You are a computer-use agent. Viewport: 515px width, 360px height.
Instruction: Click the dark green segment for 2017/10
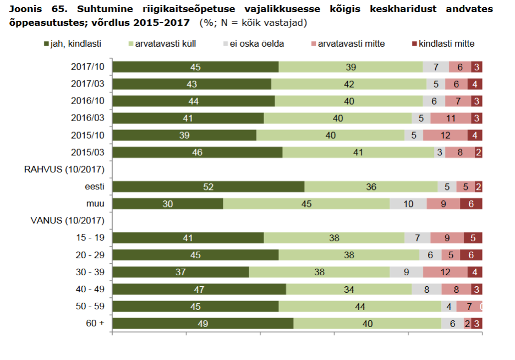[x=195, y=67]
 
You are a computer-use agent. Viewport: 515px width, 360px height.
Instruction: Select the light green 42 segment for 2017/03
[x=349, y=84]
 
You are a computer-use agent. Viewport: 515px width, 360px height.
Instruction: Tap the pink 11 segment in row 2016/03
[x=450, y=118]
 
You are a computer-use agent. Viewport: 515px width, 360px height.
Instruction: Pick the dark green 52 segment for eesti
[x=208, y=187]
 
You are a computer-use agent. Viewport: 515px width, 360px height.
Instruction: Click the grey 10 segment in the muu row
[x=408, y=204]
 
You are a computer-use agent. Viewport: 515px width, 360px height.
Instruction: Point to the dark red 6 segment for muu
[x=471, y=204]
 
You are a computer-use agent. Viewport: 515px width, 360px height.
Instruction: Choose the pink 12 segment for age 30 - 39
[x=445, y=272]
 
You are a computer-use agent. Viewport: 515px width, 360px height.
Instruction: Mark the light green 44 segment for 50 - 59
[x=360, y=306]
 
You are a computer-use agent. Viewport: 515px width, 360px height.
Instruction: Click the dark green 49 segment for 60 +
[x=202, y=323]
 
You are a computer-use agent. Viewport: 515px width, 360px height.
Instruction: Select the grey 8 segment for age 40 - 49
[x=426, y=289]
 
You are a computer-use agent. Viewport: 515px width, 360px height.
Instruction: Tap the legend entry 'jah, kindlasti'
[x=76, y=43]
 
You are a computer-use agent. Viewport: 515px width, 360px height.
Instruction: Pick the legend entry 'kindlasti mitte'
[x=446, y=43]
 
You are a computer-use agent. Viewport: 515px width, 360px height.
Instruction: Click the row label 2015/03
[x=88, y=152]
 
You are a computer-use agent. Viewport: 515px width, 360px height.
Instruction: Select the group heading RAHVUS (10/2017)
[x=64, y=170]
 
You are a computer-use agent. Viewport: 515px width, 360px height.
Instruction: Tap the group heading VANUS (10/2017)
[x=67, y=221]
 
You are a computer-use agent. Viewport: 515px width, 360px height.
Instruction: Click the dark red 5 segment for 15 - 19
[x=473, y=238]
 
